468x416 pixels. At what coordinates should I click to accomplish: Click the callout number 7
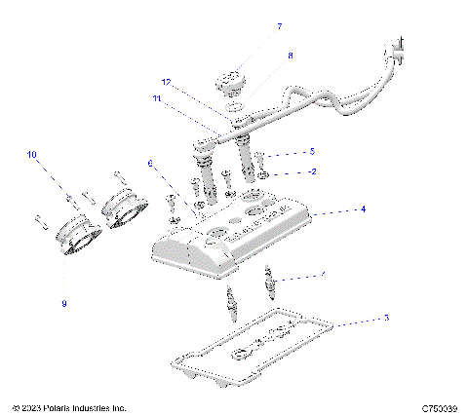click(x=252, y=26)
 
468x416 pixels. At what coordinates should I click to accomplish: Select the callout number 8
click(x=261, y=57)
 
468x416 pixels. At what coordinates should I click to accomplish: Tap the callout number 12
click(x=167, y=82)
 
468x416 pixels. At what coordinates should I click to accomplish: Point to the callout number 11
click(x=156, y=98)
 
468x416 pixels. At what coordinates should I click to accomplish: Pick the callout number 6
click(x=150, y=163)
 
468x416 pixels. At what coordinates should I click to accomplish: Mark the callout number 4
click(x=334, y=208)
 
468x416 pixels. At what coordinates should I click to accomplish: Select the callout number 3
click(x=359, y=318)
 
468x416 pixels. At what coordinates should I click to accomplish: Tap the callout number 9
click(x=64, y=303)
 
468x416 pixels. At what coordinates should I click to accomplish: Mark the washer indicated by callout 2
click(x=264, y=173)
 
